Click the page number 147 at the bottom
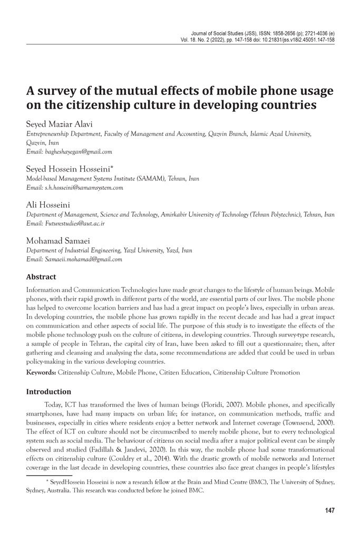(329, 510)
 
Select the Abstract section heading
(41, 277)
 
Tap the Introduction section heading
(48, 392)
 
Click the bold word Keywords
(41, 373)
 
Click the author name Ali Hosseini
(44, 205)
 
